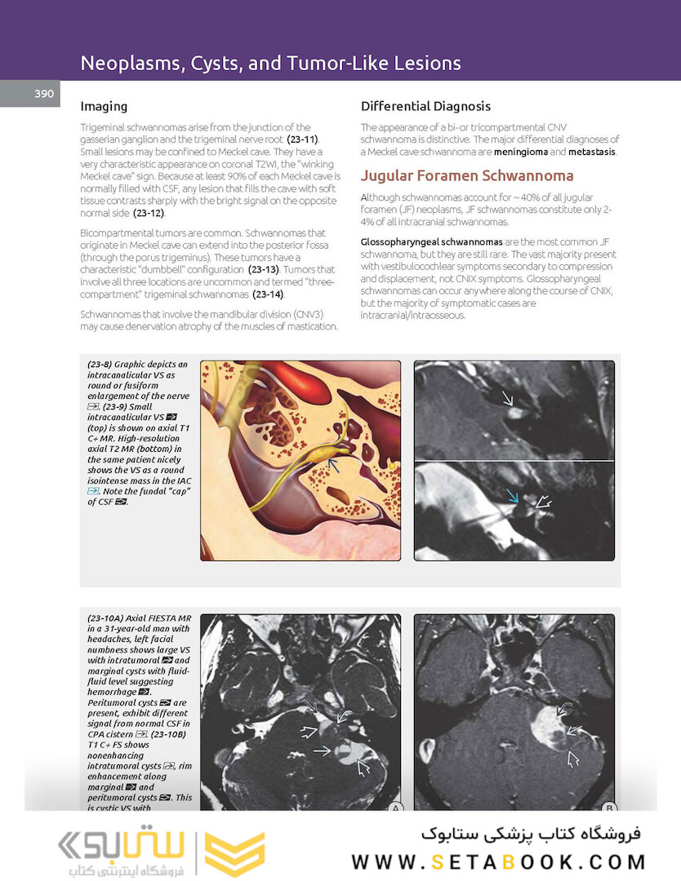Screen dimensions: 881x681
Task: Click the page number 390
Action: pyautogui.click(x=44, y=94)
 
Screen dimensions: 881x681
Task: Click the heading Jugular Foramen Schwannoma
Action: pyautogui.click(x=467, y=175)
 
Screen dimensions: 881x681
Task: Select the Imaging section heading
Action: pyautogui.click(x=104, y=106)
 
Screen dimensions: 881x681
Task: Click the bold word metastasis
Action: pyautogui.click(x=591, y=152)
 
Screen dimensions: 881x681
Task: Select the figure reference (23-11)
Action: pyautogui.click(x=302, y=139)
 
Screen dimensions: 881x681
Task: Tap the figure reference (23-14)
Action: pyautogui.click(x=268, y=294)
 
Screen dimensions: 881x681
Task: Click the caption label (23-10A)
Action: pyautogui.click(x=105, y=618)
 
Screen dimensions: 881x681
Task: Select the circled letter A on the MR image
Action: pyautogui.click(x=395, y=808)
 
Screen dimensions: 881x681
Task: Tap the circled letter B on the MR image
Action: pyautogui.click(x=609, y=808)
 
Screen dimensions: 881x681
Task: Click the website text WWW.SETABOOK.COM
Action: pyautogui.click(x=498, y=862)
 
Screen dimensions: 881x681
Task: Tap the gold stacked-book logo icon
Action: pyautogui.click(x=234, y=853)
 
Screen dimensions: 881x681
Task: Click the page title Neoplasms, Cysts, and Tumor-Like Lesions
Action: pyautogui.click(x=270, y=63)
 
